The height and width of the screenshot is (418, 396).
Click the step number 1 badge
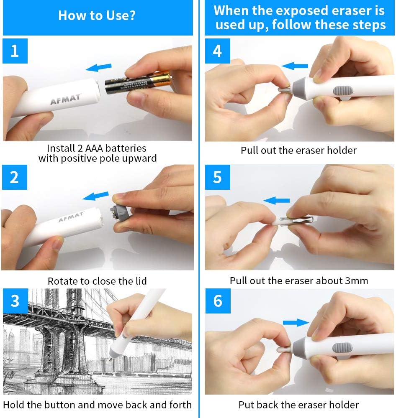pos(15,51)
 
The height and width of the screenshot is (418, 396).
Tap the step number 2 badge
pos(15,177)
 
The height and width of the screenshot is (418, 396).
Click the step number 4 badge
pos(217,51)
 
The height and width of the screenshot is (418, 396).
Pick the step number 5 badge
pos(217,177)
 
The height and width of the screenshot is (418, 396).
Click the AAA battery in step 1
pos(138,82)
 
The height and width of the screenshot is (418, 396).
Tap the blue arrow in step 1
pos(98,67)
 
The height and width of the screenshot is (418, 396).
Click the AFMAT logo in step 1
pos(66,100)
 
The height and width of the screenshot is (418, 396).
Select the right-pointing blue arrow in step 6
pos(295,322)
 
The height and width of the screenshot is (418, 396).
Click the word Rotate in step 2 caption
pos(62,281)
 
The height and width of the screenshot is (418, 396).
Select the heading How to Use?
pos(97,15)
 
